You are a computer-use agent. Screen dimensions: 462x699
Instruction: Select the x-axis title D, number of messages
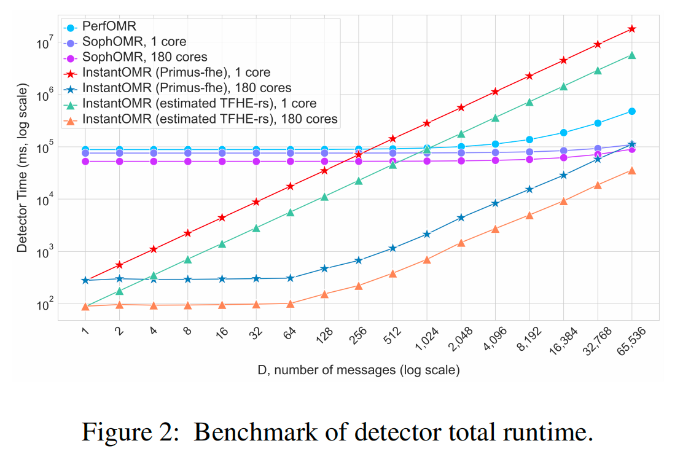(358, 370)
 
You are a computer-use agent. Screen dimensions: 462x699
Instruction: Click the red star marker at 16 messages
(222, 217)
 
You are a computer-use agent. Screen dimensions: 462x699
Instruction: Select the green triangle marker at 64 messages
(291, 213)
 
